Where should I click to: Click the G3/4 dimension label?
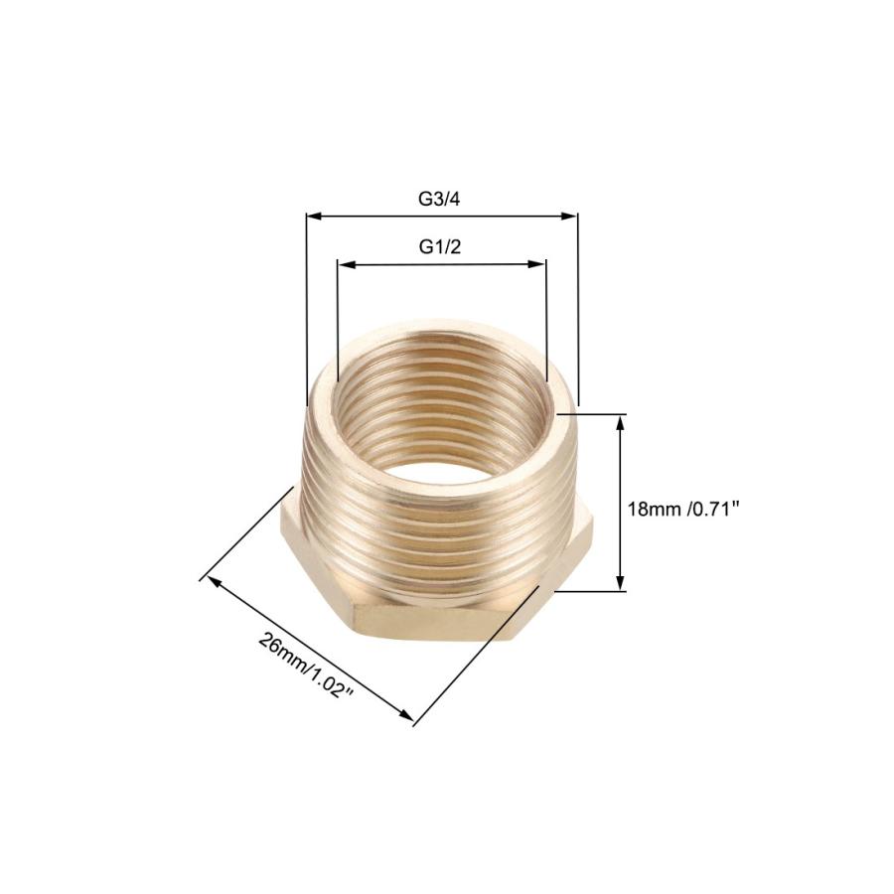(439, 200)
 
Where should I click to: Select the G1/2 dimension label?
(440, 247)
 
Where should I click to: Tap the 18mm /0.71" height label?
(683, 509)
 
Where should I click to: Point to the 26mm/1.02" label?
(307, 665)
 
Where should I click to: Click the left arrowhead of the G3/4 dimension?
(315, 217)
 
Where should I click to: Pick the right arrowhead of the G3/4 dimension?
(569, 217)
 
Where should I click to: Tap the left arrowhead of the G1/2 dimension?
(347, 264)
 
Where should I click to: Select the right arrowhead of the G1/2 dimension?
(537, 264)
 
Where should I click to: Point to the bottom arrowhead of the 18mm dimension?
(620, 582)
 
